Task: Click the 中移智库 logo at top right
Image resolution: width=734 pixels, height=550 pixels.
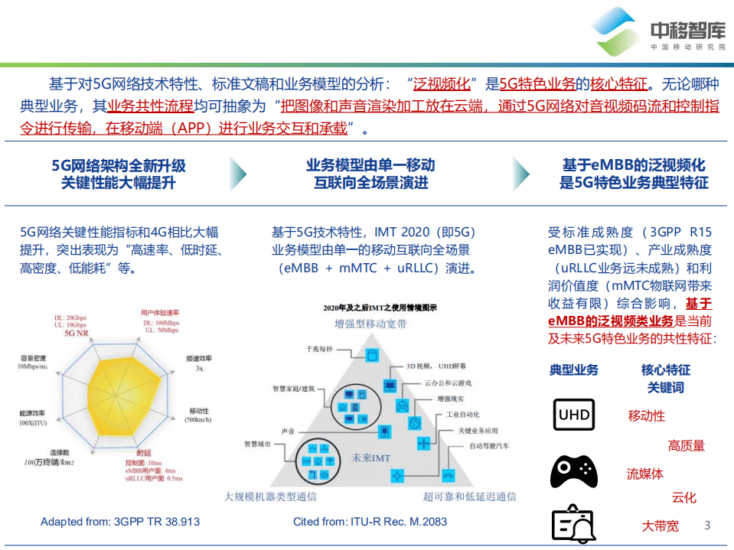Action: tap(659, 32)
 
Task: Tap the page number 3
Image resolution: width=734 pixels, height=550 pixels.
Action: tap(707, 525)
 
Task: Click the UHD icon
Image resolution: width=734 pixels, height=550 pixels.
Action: tap(574, 415)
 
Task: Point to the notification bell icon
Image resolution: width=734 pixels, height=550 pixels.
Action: tap(574, 524)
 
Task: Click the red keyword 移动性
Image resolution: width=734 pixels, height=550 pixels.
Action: tap(647, 416)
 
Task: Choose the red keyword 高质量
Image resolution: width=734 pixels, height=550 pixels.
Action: tap(686, 446)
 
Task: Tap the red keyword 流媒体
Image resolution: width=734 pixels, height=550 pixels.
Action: tap(645, 474)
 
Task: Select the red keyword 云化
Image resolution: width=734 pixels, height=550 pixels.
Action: tap(684, 498)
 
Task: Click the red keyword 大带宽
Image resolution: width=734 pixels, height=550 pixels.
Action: tap(660, 526)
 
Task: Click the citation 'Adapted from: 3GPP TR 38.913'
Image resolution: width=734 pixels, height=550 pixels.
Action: tap(120, 522)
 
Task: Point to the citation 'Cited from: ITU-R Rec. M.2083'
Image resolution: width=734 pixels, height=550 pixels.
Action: tap(370, 522)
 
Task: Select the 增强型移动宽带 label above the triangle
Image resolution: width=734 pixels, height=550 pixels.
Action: tap(370, 324)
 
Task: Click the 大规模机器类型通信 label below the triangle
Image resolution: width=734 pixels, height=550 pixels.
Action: tap(270, 497)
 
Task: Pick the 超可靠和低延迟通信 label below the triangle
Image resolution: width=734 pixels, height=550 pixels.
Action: tap(469, 497)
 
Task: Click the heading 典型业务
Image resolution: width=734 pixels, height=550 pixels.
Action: tap(574, 369)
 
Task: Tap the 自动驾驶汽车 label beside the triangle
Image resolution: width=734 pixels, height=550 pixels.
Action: tap(489, 445)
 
